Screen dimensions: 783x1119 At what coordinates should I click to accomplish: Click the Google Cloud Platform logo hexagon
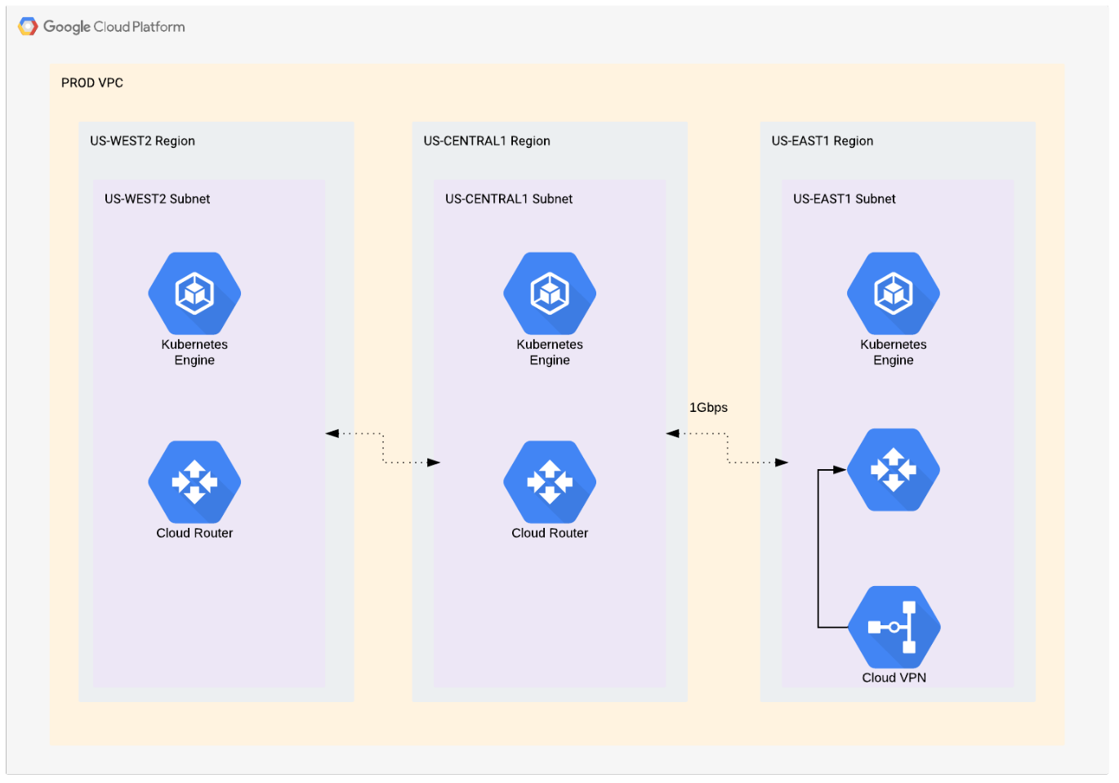point(28,27)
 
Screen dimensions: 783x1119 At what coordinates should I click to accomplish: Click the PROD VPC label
point(92,83)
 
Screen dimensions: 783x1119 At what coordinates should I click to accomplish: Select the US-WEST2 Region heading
point(142,141)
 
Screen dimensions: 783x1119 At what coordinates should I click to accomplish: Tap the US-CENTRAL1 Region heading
point(487,141)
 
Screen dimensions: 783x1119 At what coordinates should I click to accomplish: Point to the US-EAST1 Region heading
point(823,141)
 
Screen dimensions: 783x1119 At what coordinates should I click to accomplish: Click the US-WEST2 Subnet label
point(157,199)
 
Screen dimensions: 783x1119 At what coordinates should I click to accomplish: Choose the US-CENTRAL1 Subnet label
point(509,199)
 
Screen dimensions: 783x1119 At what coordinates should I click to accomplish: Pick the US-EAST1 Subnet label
point(845,199)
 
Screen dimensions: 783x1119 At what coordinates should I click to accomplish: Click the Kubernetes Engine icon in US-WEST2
point(194,293)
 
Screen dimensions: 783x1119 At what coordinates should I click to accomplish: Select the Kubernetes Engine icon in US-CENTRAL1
point(550,293)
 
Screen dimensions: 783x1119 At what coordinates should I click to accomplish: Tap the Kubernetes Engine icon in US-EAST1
point(894,293)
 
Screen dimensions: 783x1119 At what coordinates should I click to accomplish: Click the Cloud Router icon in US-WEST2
point(194,481)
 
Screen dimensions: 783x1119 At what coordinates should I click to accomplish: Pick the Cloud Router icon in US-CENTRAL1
point(550,481)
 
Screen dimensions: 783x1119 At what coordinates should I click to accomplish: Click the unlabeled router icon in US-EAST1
point(894,469)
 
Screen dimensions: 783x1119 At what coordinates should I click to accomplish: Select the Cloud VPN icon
point(894,627)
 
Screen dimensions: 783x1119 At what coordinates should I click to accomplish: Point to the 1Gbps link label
point(708,407)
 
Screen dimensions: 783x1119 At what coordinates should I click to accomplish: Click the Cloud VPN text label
point(894,678)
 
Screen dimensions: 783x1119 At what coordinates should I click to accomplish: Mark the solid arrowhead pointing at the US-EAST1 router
point(839,470)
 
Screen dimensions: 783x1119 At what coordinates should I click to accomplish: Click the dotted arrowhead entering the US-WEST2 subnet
point(332,433)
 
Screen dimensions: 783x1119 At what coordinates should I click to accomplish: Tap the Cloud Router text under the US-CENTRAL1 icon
point(550,533)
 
